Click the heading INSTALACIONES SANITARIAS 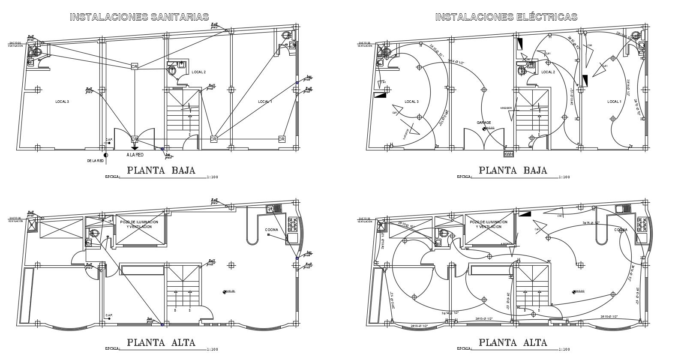click(x=139, y=17)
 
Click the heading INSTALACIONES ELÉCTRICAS click(x=506, y=17)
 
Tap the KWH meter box click(x=508, y=154)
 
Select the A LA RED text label click(x=135, y=155)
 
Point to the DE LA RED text click(x=95, y=161)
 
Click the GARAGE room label click(x=484, y=123)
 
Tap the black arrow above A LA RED click(x=135, y=148)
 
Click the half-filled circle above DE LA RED click(x=106, y=155)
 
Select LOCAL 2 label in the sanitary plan click(x=198, y=72)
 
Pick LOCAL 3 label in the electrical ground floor click(x=411, y=102)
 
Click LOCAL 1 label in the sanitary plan click(x=265, y=102)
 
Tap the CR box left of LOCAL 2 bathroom click(x=134, y=66)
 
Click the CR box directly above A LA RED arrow click(x=134, y=139)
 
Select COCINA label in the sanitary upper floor click(x=271, y=230)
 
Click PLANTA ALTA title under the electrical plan click(x=513, y=342)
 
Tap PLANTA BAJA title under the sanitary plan click(x=161, y=170)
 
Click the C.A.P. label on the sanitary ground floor click(x=109, y=140)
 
